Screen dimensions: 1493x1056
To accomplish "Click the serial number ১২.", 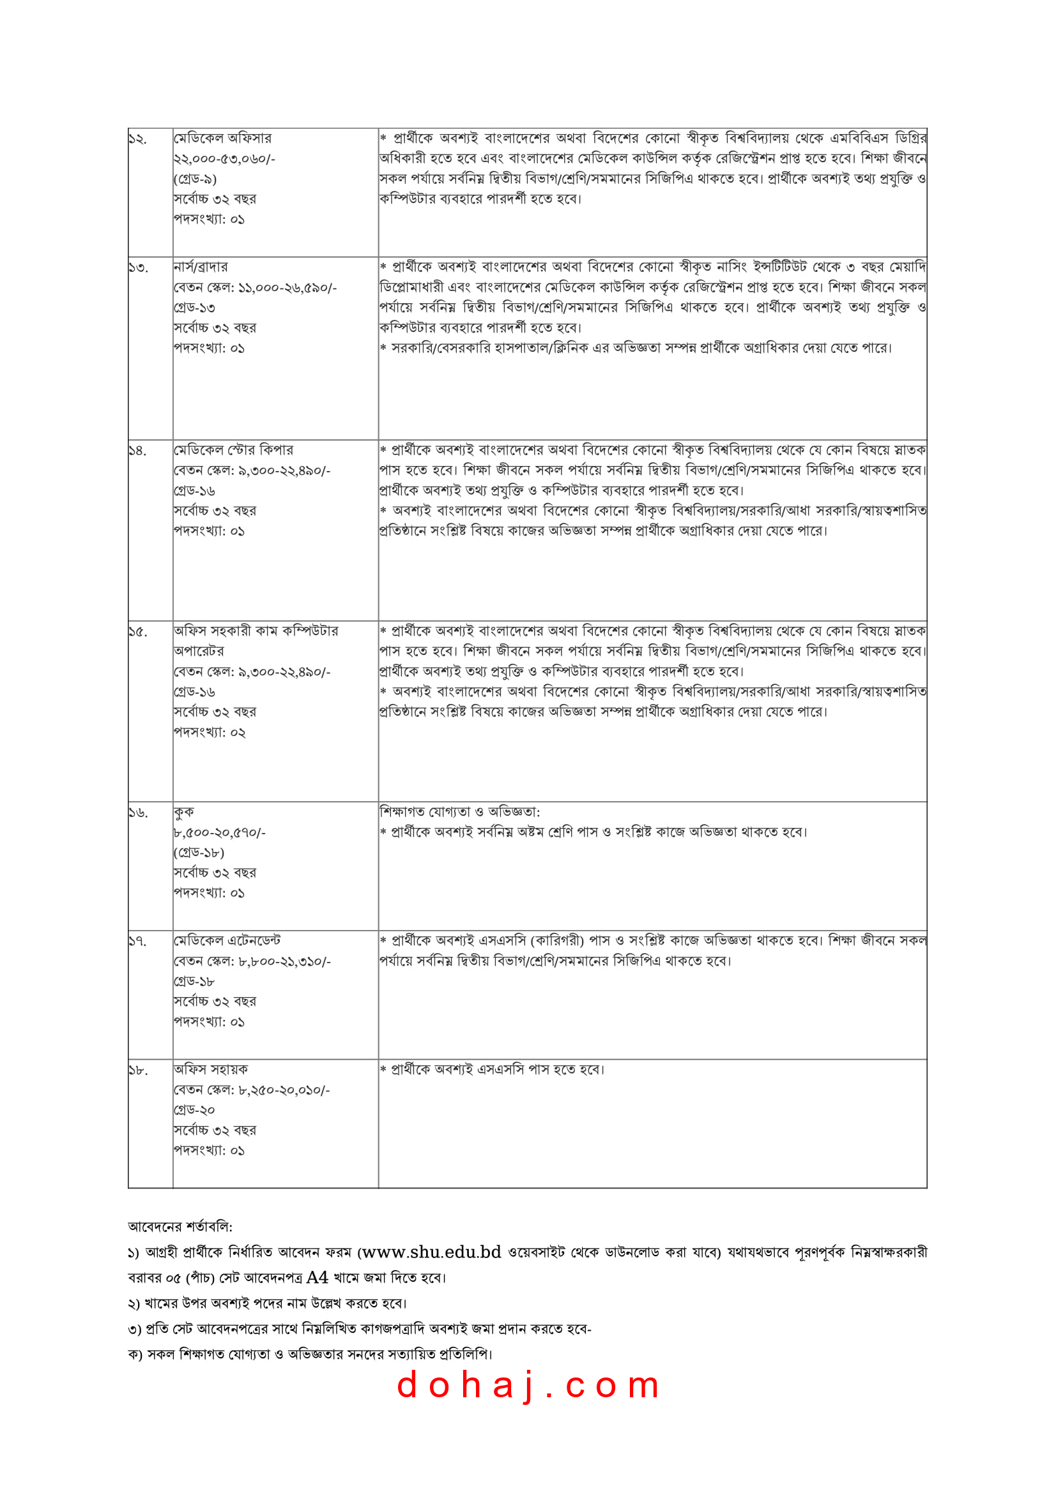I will click(x=137, y=139).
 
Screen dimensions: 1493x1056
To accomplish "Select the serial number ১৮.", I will click(x=138, y=1071).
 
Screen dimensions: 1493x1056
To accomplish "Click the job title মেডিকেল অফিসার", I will click(x=222, y=139).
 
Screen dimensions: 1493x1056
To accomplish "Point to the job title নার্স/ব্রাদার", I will click(x=201, y=267).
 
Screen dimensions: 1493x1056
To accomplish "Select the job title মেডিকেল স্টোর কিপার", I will click(x=233, y=450).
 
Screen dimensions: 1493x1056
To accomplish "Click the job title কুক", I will click(x=183, y=812).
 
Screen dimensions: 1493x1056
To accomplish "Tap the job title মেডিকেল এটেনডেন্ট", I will click(x=227, y=941).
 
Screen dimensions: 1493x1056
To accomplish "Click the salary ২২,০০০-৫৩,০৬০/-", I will click(x=224, y=159).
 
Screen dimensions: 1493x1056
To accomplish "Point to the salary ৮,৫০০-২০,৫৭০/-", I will click(x=219, y=833).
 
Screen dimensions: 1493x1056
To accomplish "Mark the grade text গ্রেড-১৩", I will click(x=194, y=308).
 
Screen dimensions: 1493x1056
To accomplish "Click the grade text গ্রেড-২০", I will click(x=194, y=1110).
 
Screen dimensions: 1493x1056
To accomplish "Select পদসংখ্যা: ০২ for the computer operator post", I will click(x=209, y=733).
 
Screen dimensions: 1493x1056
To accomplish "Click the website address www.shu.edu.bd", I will click(x=431, y=1252).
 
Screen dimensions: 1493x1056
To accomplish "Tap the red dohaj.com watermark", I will click(x=528, y=1385).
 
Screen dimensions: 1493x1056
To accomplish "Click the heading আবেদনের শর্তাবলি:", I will click(x=180, y=1227).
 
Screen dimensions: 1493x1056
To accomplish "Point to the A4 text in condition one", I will click(x=317, y=1278).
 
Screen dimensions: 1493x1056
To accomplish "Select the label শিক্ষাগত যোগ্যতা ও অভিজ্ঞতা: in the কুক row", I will click(x=459, y=812).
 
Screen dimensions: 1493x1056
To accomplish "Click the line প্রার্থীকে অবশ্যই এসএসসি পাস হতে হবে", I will click(x=497, y=1070).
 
